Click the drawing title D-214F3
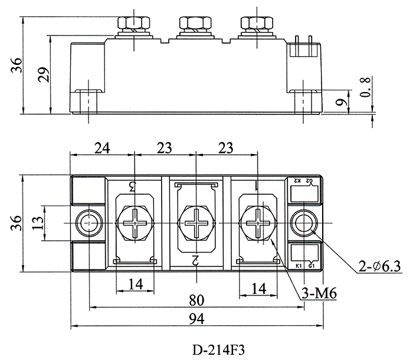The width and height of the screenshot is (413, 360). [218, 350]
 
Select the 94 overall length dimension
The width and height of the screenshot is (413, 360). [196, 319]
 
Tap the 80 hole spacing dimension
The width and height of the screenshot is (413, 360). [196, 300]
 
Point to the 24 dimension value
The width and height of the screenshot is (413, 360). [102, 148]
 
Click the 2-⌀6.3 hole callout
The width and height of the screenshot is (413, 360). [379, 266]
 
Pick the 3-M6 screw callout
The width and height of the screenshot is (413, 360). [319, 293]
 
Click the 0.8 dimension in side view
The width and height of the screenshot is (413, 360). [366, 87]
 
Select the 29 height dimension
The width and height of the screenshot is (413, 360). [44, 74]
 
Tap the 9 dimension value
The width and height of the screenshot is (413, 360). [340, 102]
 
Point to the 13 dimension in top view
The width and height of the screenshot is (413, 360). [38, 223]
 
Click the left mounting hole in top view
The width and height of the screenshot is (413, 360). [88, 223]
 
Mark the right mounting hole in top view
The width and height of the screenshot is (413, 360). [304, 223]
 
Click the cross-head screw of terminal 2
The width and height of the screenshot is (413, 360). [196, 223]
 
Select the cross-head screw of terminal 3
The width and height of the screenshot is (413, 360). [135, 223]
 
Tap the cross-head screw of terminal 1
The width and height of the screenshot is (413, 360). [258, 223]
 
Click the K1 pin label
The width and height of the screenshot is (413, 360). [299, 266]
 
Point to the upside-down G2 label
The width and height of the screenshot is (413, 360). [309, 181]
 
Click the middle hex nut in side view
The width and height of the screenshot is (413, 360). [195, 23]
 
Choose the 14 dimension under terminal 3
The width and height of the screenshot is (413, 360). [136, 284]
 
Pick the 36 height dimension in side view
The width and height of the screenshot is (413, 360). [17, 65]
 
